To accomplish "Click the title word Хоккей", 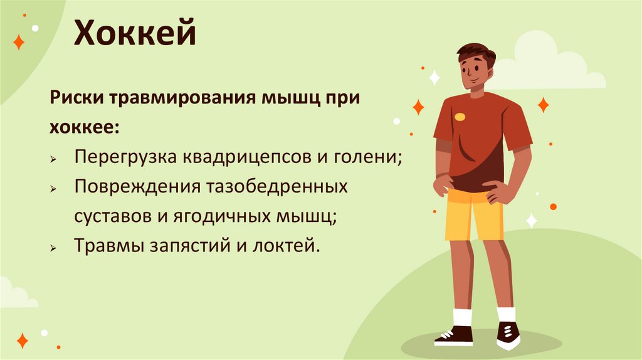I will (135, 34).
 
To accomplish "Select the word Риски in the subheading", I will (75, 99).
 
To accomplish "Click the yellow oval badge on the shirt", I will (460, 117).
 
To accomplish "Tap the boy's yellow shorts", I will (475, 213).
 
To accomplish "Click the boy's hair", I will (476, 53).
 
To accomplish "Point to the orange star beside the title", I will (19, 43).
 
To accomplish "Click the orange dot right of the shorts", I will (553, 206).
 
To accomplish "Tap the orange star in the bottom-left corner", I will (22, 341).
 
